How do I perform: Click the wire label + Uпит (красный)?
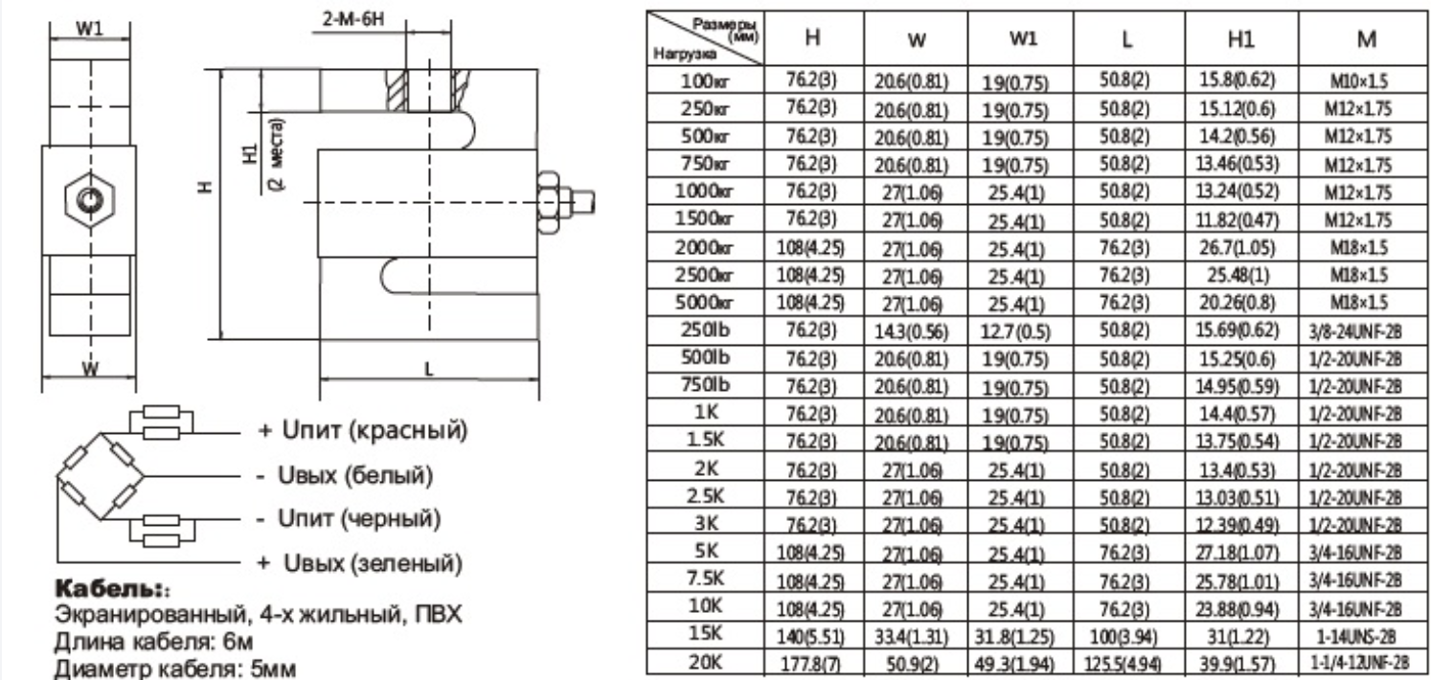click(x=363, y=432)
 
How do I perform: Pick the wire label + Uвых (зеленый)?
click(x=360, y=563)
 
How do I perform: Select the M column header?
click(x=1367, y=39)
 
